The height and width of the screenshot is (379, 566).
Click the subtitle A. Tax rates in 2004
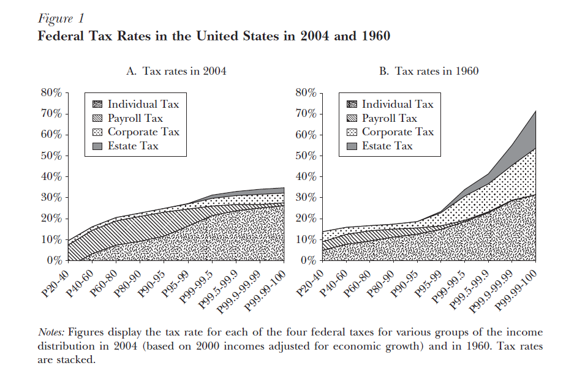176,71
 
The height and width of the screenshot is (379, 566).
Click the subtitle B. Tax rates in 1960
429,71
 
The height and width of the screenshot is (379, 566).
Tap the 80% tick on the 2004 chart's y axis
51,93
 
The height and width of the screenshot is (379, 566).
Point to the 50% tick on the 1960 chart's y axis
304,156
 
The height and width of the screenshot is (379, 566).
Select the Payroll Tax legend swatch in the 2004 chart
97,118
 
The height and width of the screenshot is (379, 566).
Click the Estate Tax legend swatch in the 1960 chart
351,146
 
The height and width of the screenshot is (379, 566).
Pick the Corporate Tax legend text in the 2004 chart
143,132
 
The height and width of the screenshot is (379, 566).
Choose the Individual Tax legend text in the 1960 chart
398,104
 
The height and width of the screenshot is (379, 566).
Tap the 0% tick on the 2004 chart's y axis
55,261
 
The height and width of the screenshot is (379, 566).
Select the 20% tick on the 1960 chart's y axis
304,219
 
